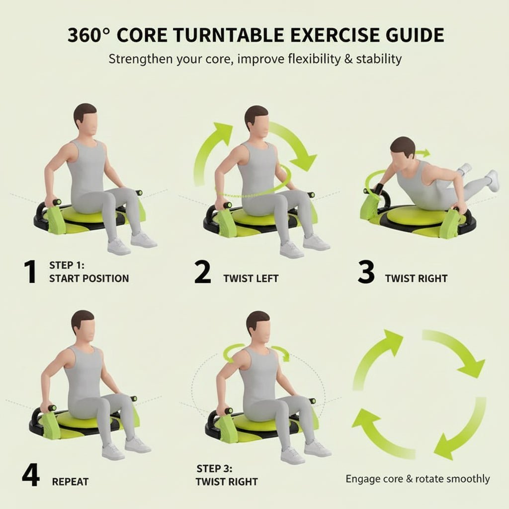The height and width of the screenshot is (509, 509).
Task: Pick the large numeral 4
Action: tap(31, 476)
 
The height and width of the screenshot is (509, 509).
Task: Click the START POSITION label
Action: tap(89, 278)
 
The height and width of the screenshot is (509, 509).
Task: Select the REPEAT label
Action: tap(70, 482)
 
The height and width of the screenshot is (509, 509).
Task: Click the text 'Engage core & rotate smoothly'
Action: tap(418, 479)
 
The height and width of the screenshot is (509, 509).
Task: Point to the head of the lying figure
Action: tap(403, 149)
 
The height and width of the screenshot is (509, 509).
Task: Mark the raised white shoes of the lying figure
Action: tap(480, 177)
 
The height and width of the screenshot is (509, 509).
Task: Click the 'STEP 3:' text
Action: tap(215, 468)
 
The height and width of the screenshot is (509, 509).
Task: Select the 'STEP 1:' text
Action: tap(67, 265)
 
